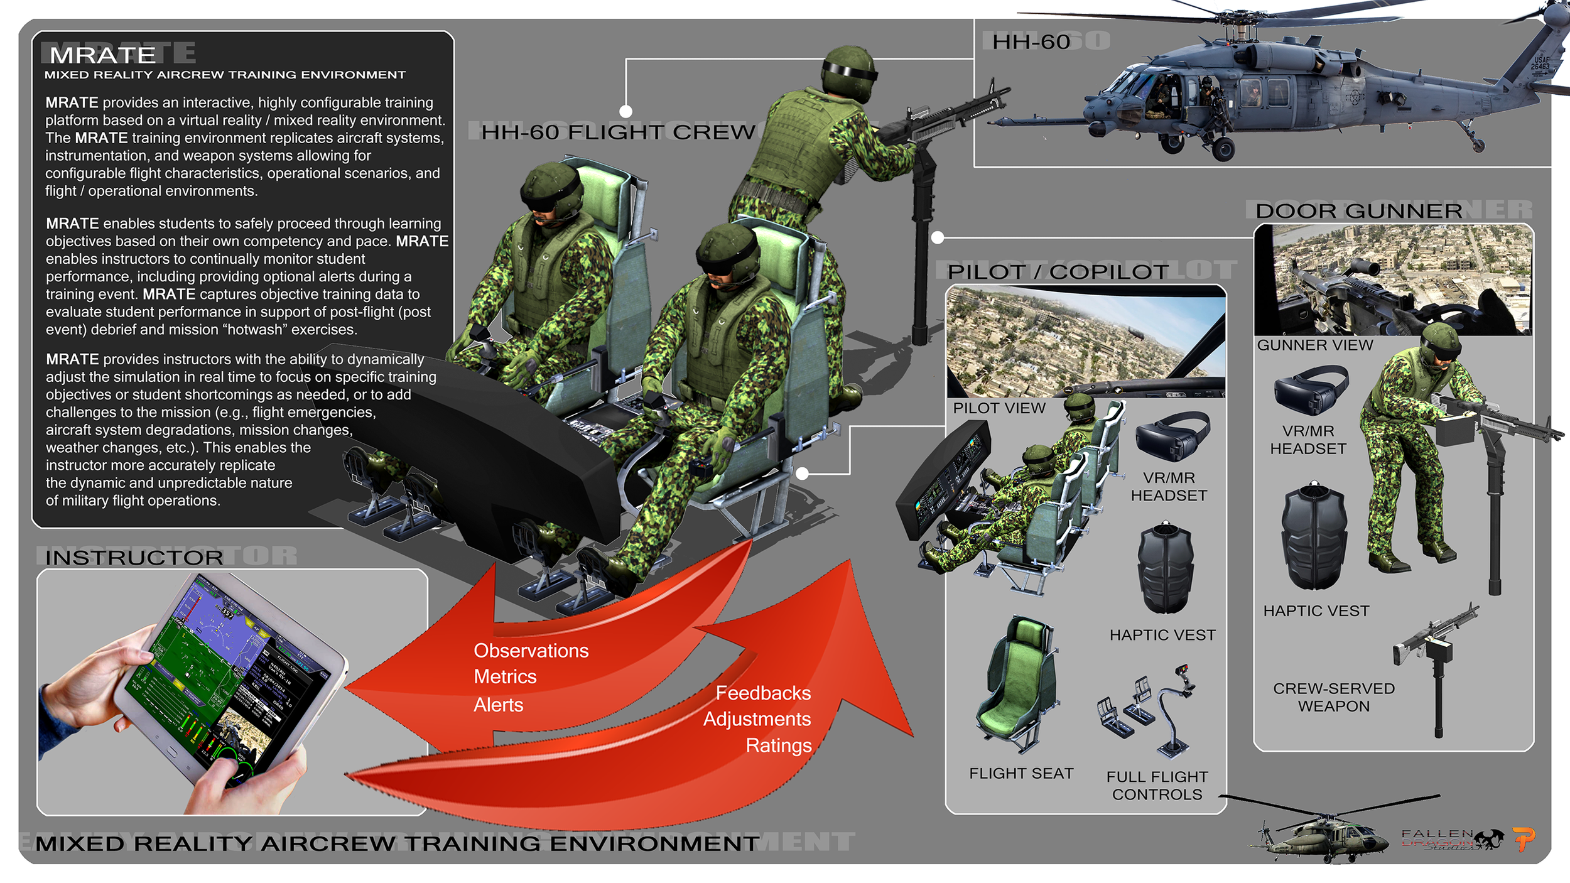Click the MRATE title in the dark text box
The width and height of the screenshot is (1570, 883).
point(102,55)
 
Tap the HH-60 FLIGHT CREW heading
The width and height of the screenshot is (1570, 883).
point(618,132)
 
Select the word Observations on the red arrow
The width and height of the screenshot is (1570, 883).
point(531,651)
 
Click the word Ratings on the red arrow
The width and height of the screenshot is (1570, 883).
point(778,745)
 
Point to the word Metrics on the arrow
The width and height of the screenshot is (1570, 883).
point(505,677)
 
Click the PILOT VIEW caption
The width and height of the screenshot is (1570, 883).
point(999,408)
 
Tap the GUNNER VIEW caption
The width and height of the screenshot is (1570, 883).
point(1314,345)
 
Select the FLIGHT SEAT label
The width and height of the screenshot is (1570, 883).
point(1020,774)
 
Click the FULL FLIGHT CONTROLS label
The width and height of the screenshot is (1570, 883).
point(1157,786)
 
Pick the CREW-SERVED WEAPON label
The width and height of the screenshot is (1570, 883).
point(1333,697)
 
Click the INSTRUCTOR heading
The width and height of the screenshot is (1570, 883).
point(134,558)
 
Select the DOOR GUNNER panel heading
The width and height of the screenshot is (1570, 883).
point(1358,211)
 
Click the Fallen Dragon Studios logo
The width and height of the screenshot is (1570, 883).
point(1451,840)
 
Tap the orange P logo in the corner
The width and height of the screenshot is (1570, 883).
point(1523,838)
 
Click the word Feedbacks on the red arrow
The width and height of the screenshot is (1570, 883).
point(763,693)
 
